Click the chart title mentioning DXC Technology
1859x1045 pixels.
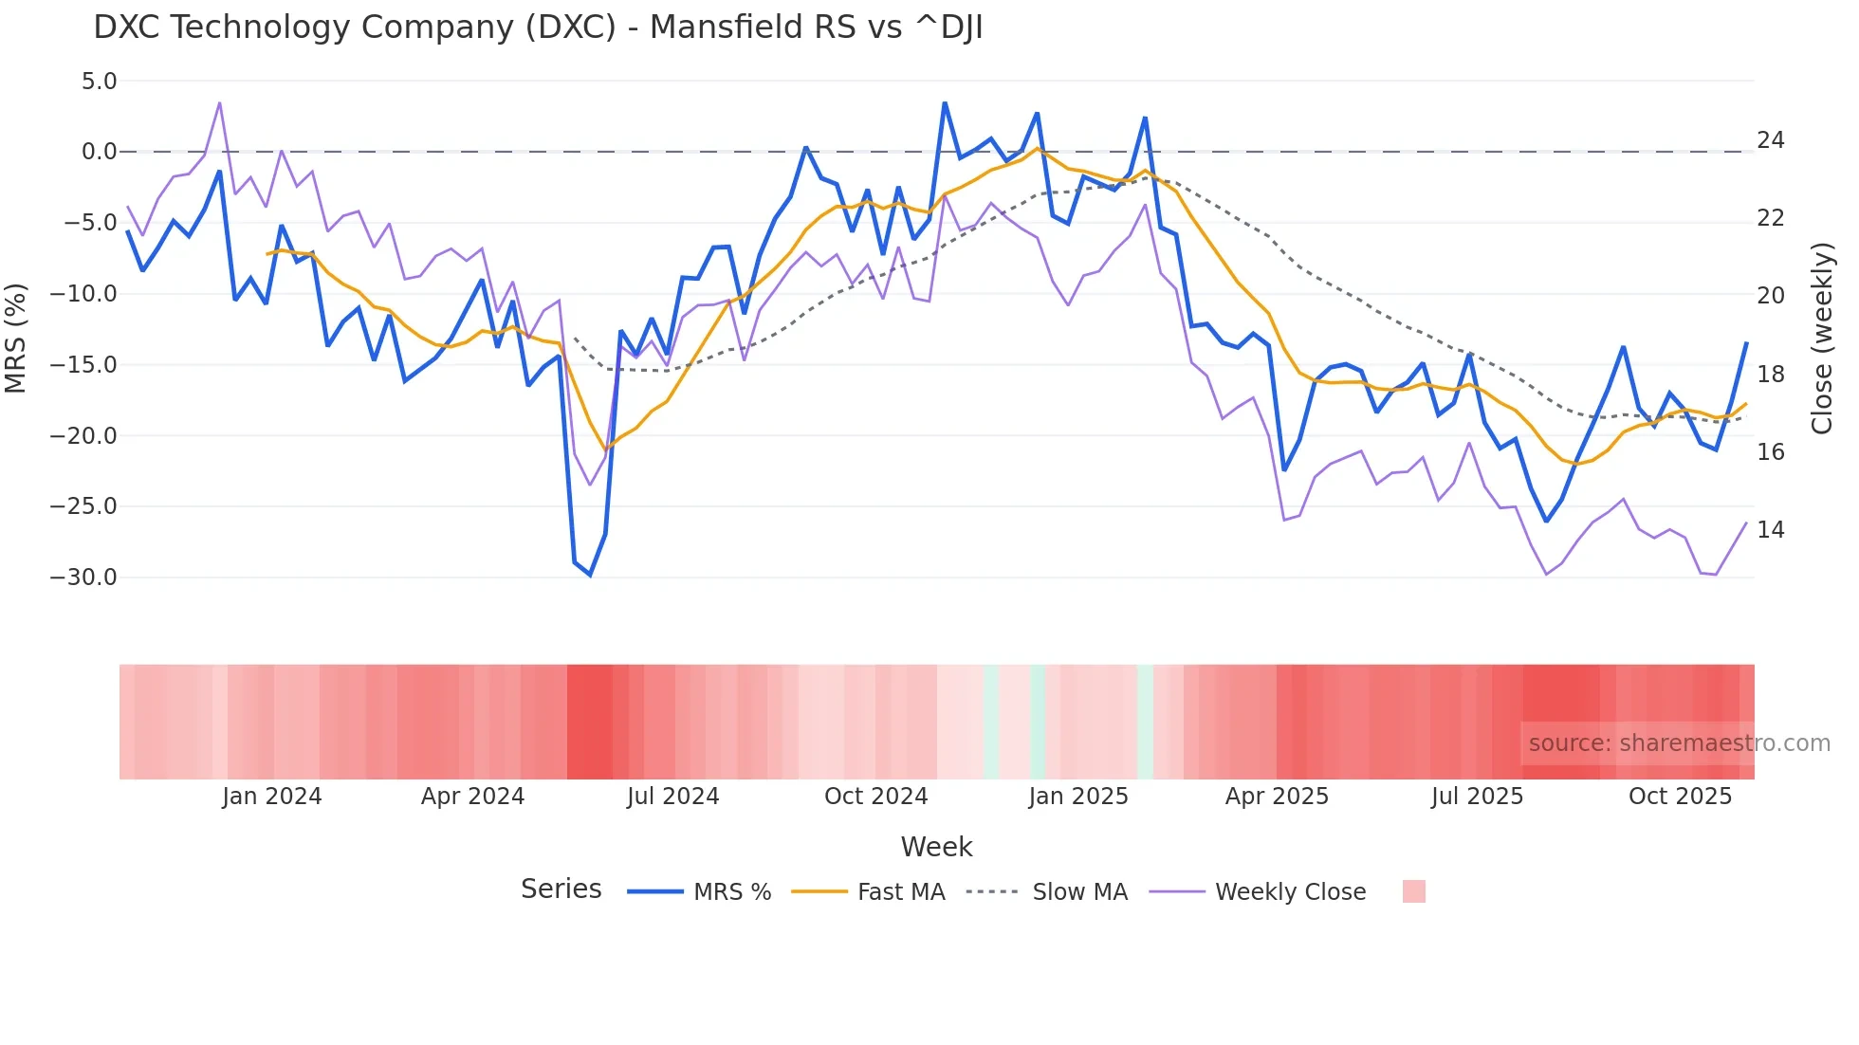(538, 27)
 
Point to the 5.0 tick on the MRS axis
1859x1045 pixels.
(99, 82)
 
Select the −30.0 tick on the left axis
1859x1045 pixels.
(83, 577)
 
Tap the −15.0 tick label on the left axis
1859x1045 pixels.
(83, 365)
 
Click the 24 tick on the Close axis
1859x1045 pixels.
(1770, 140)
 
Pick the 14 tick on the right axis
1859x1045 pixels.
(1770, 530)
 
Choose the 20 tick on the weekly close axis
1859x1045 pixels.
(1770, 296)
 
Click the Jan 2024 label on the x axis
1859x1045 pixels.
(272, 797)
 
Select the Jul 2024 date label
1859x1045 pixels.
(673, 797)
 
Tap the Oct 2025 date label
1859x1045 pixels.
(1680, 797)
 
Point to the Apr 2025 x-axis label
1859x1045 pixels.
(1277, 797)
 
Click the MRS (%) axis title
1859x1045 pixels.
(15, 338)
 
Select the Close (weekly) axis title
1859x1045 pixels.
(1822, 338)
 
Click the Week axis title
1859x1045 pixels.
(936, 847)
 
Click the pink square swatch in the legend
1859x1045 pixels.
(1413, 891)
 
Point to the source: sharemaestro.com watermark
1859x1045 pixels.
(1679, 743)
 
